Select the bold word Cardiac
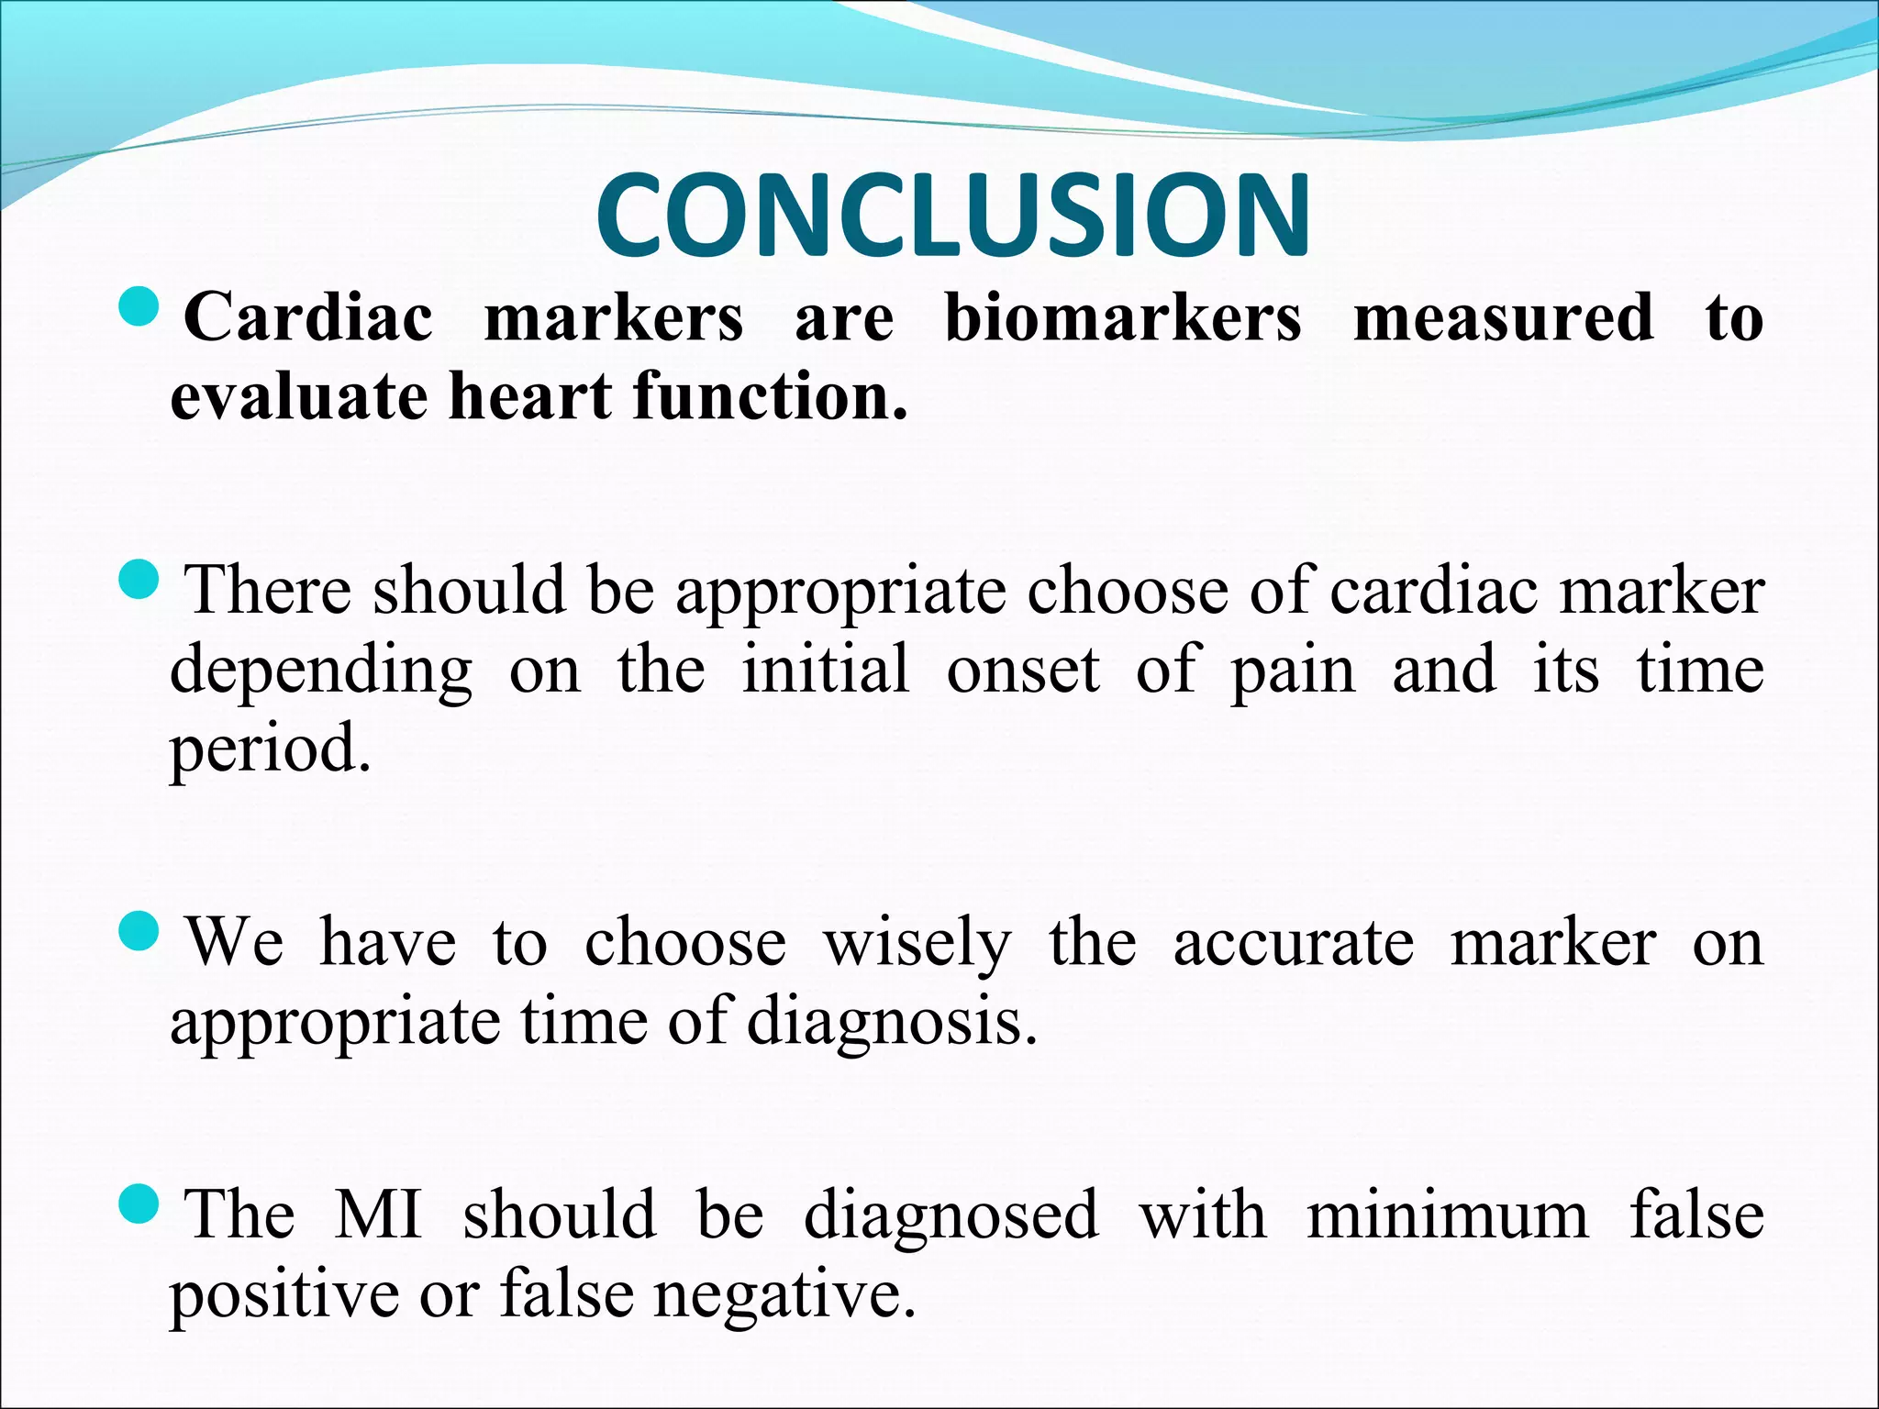308,317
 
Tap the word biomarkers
1123,317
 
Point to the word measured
1504,317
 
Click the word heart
530,396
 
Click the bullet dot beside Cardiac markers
140,307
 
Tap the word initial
826,669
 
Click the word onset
1023,671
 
